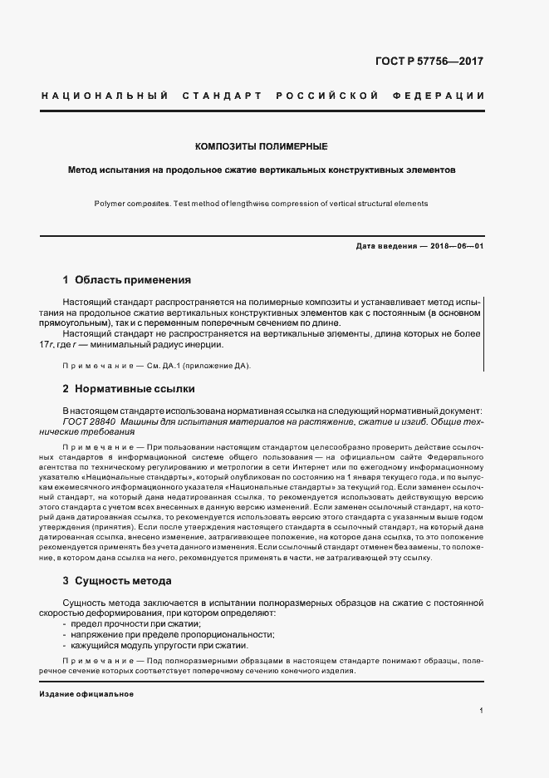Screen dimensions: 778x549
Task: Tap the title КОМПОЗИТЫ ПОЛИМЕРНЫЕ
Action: [261, 146]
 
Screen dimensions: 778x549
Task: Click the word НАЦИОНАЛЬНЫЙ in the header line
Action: [99, 96]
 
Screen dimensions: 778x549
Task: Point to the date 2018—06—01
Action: [457, 246]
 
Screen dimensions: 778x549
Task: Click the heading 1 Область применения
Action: [126, 280]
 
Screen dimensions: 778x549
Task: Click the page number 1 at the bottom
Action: [482, 712]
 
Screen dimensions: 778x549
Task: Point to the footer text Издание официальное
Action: [86, 693]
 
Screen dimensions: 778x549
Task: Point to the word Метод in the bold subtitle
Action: [83, 169]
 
